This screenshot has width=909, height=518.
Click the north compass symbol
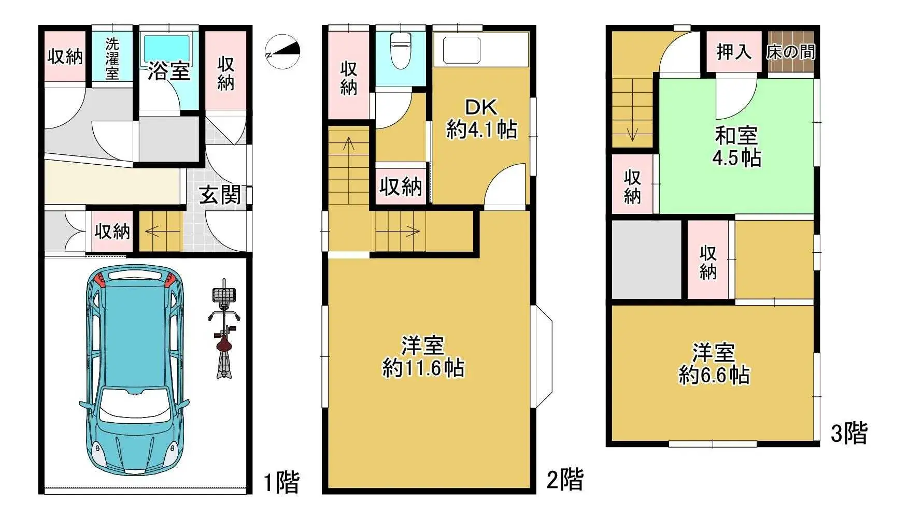[283, 52]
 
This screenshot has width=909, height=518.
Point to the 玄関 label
[220, 195]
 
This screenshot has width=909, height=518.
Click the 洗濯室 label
[112, 59]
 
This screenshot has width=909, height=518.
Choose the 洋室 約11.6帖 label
[423, 356]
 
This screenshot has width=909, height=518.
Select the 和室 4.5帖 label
[736, 147]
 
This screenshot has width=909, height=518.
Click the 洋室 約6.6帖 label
[714, 364]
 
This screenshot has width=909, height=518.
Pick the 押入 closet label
[733, 52]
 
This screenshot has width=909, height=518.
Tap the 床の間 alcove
[790, 52]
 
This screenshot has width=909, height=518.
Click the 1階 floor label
[281, 482]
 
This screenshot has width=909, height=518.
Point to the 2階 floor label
[565, 479]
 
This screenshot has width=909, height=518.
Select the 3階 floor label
[848, 433]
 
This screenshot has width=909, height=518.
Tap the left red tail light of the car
[101, 280]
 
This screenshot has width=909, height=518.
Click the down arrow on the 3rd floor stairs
[632, 135]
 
